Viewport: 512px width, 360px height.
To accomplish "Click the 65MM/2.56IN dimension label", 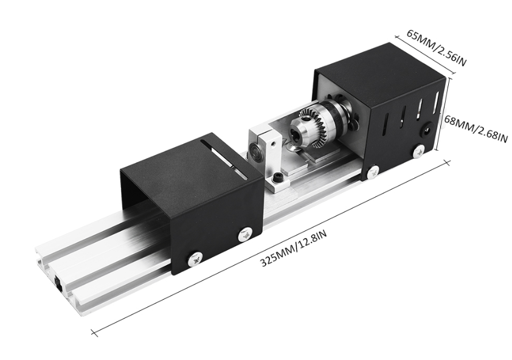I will click(436, 47).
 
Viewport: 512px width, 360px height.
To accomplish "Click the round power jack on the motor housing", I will click(429, 130).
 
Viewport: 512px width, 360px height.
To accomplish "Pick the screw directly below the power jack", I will click(418, 150).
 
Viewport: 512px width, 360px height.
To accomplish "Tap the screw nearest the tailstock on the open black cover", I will click(246, 233).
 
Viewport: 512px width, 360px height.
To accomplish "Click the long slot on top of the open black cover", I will click(226, 156).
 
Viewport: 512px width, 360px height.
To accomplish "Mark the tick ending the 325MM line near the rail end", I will click(94, 333).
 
